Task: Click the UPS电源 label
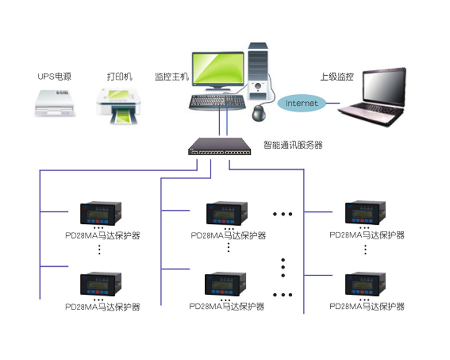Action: point(54,76)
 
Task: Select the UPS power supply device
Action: point(54,103)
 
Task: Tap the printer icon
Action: point(118,106)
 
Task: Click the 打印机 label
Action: point(120,76)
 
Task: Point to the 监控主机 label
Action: point(171,76)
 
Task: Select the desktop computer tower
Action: point(258,71)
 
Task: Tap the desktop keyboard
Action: point(217,102)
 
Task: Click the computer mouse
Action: point(258,113)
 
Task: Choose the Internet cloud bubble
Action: point(301,103)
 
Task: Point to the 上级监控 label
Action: point(337,76)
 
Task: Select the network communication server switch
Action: point(219,147)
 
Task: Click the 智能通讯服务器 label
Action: point(293,145)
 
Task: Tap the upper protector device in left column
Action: point(101,213)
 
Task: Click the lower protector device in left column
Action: point(101,284)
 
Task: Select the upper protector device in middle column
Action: point(227,213)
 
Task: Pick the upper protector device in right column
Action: point(365,212)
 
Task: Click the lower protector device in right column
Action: point(365,284)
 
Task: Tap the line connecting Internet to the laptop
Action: point(333,103)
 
